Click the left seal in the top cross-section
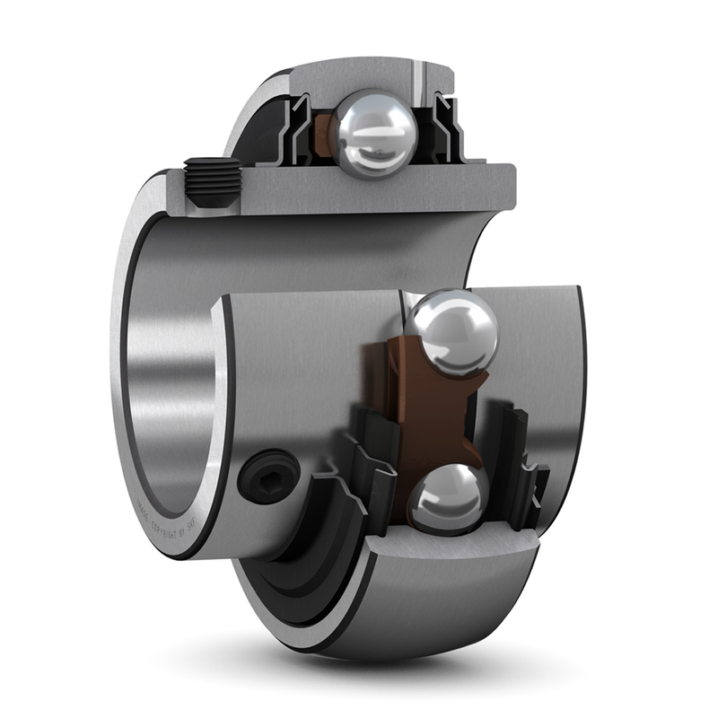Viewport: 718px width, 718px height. coord(296,135)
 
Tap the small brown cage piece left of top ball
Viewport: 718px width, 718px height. coord(324,135)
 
